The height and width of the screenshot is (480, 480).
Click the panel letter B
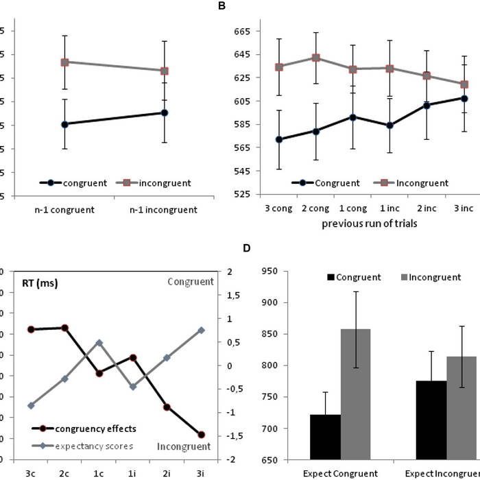221,5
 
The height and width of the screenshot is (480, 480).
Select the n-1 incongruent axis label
165,208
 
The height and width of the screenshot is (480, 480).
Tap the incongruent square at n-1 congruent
64,62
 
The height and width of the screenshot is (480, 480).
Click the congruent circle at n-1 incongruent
165,112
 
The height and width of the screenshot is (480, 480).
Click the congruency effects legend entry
89,429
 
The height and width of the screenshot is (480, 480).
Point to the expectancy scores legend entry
92,445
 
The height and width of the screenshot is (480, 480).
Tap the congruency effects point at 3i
201,435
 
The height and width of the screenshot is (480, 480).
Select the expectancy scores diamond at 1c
99,342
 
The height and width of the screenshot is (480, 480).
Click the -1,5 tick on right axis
235,435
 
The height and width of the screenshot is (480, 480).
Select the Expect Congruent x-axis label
340,473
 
